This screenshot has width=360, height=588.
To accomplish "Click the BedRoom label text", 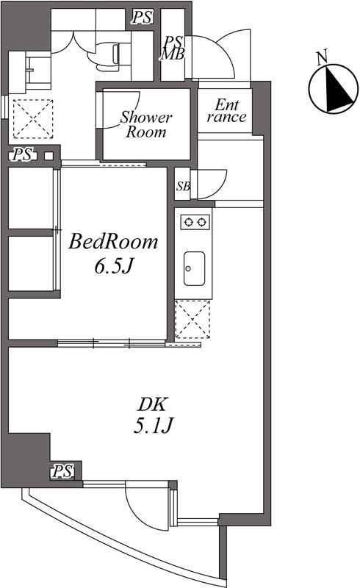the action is pyautogui.click(x=113, y=242).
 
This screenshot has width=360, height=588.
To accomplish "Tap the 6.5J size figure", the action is pyautogui.click(x=115, y=267).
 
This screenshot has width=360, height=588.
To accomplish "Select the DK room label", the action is pyautogui.click(x=152, y=405).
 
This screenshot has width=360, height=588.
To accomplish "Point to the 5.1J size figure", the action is pyautogui.click(x=154, y=426).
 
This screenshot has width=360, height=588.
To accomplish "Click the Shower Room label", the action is pyautogui.click(x=146, y=124).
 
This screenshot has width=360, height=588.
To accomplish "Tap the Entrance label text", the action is pyautogui.click(x=226, y=111).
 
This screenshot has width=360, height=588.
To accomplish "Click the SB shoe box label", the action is pyautogui.click(x=184, y=186).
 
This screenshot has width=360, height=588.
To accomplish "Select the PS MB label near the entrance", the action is pyautogui.click(x=173, y=48).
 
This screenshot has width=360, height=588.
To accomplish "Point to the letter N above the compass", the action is pyautogui.click(x=322, y=57).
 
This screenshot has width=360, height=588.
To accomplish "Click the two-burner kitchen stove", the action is pyautogui.click(x=195, y=222).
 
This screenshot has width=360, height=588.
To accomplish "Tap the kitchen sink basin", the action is pyautogui.click(x=194, y=268).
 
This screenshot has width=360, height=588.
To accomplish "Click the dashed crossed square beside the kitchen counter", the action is pyautogui.click(x=192, y=319).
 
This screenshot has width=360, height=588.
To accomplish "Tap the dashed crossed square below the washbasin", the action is pyautogui.click(x=33, y=119).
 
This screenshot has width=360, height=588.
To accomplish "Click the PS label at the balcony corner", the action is pyautogui.click(x=62, y=471).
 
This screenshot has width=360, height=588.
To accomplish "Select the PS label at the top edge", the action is pyautogui.click(x=143, y=17).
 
